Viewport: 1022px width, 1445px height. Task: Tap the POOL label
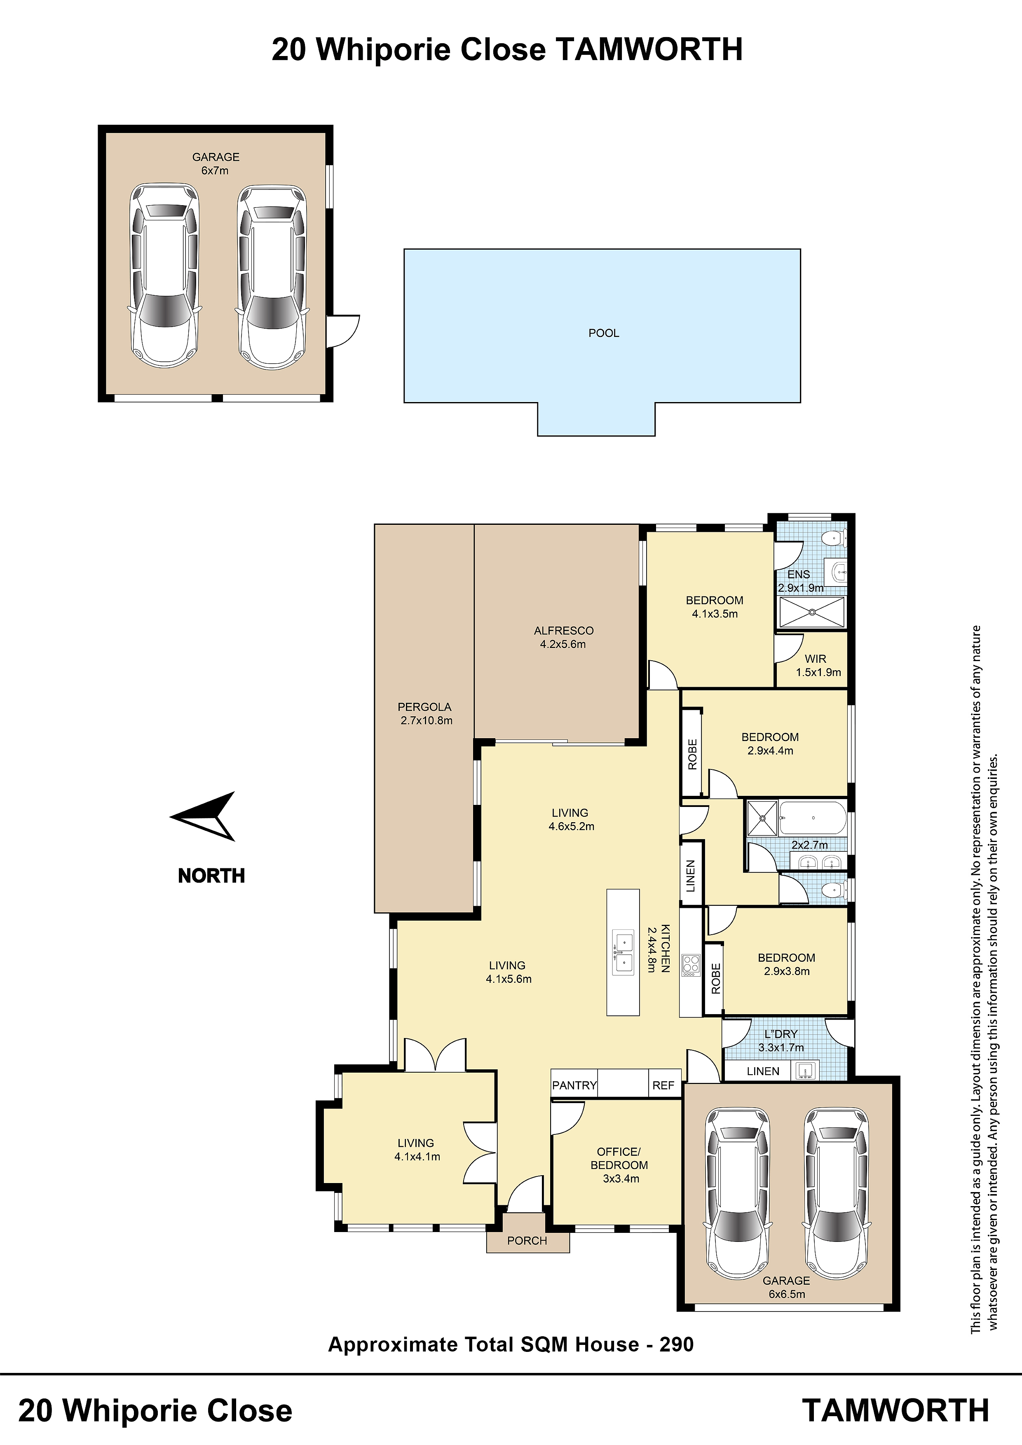tap(604, 333)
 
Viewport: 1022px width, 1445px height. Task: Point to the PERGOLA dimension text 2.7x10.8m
tap(426, 720)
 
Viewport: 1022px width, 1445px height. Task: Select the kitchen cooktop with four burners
tap(691, 965)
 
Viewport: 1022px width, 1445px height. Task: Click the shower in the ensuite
tap(812, 612)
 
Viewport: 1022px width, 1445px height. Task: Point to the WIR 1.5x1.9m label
tap(817, 665)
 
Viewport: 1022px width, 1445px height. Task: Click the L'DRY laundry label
tap(781, 1034)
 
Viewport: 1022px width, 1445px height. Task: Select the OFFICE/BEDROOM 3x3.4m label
tap(620, 1165)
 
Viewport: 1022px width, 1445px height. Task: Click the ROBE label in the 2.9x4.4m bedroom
tap(692, 754)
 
